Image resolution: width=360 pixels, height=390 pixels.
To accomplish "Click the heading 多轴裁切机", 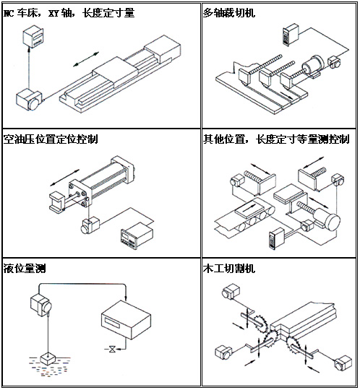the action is coord(229,13).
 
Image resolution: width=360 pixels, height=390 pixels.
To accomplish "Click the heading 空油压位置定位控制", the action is coord(51,139).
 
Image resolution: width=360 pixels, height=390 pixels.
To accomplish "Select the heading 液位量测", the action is coord(25,269).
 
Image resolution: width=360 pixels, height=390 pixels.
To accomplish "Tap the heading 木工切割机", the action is coord(229,269).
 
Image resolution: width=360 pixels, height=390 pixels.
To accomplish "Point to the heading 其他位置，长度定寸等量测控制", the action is coord(276,139).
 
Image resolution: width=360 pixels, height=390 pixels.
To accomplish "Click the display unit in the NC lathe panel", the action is coord(33,38).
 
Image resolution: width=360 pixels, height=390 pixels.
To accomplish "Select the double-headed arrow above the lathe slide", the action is coord(86,59).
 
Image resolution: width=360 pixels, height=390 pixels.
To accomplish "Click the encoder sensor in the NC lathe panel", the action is coord(30,100).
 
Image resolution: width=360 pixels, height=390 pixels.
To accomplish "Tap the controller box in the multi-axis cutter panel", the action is coord(291,34).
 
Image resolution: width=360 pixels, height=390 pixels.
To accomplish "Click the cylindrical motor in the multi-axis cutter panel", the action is coord(313,66).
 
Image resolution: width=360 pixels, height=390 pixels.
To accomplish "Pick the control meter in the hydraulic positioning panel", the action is coord(137,235).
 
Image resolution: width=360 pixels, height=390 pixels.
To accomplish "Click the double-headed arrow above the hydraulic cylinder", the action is coord(65,178).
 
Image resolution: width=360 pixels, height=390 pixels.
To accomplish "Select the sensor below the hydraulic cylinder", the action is coord(90,225).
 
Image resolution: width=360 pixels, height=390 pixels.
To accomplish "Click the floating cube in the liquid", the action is coord(48,358).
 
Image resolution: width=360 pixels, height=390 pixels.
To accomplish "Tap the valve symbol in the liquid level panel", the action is coord(113,349).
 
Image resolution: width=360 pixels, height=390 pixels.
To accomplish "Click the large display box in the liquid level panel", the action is coord(127,320).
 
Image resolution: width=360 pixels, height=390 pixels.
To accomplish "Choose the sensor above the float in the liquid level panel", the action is coord(41,305).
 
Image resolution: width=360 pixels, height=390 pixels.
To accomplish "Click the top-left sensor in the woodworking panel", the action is coord(231,291).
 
